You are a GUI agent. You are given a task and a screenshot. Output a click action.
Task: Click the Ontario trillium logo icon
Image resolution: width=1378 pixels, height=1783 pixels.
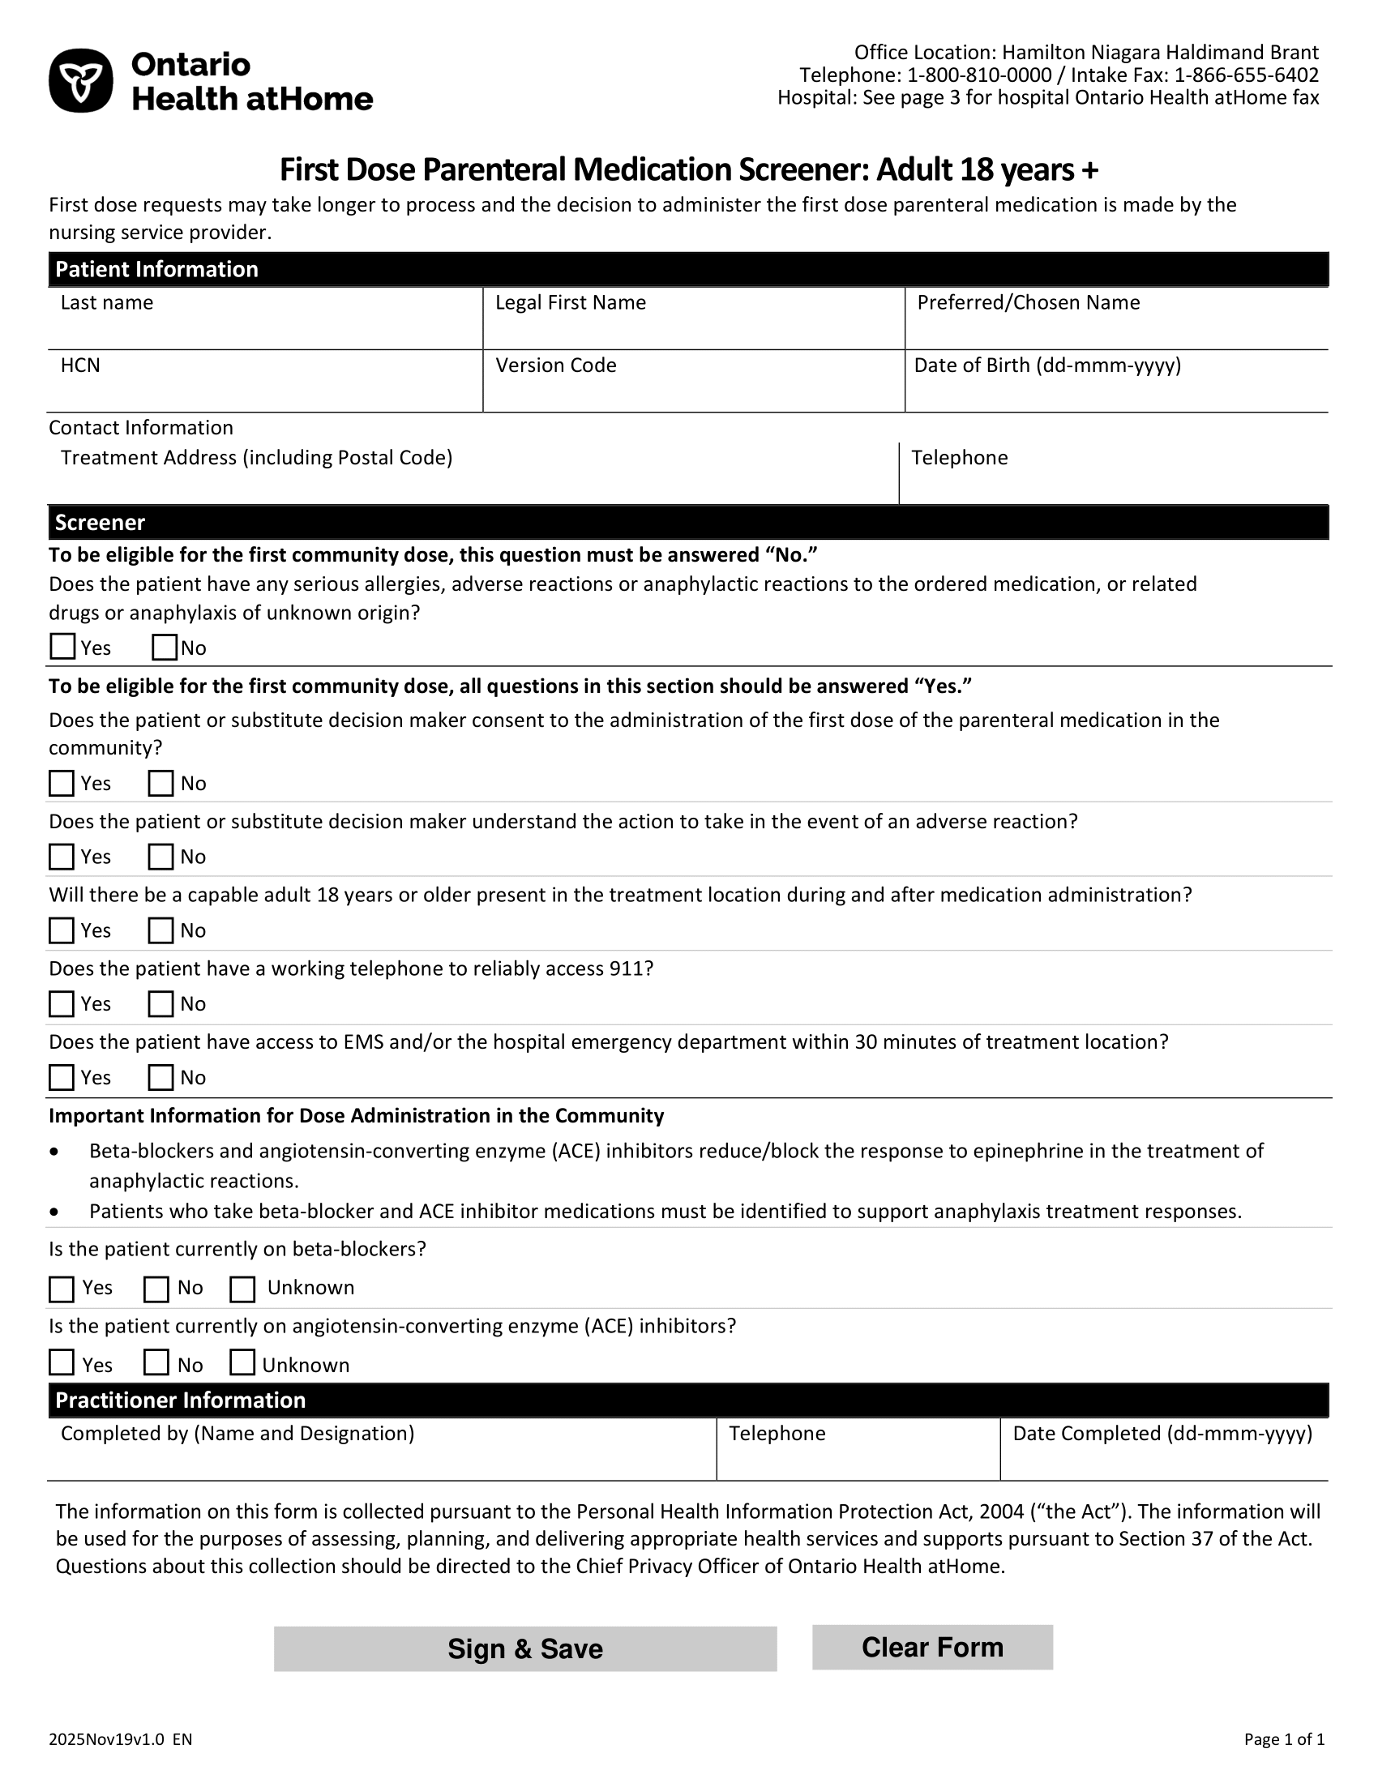81,81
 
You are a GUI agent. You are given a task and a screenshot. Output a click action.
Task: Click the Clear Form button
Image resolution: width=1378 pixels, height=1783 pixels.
932,1647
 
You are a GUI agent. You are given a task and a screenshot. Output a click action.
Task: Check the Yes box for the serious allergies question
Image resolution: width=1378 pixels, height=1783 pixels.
63,647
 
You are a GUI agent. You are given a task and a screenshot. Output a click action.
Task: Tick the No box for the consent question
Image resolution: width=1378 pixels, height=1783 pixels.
160,783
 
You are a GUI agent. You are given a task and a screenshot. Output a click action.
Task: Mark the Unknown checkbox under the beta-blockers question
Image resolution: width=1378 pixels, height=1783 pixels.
242,1289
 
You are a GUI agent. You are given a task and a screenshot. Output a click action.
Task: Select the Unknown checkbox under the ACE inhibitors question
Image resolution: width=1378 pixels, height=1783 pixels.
242,1362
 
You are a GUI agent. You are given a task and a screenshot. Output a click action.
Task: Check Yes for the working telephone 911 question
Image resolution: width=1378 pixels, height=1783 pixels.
62,1003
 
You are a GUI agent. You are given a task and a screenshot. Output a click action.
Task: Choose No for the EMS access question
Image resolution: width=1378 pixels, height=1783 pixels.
160,1078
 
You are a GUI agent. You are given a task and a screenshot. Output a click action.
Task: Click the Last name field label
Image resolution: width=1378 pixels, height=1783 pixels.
107,303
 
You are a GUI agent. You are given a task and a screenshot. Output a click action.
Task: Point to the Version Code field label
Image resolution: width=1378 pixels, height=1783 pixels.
556,365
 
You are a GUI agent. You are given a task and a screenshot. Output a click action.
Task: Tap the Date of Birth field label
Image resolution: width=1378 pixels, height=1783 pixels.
1047,365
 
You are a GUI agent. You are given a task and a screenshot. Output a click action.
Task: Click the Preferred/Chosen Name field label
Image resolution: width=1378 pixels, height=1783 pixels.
1029,303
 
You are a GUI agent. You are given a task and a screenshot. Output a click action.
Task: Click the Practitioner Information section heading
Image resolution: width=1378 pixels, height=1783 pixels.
181,1400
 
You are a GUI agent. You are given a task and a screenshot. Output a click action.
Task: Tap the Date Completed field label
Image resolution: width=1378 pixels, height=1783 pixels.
1162,1434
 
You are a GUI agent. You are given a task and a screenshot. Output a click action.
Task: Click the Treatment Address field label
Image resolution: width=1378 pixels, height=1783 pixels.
256,457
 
